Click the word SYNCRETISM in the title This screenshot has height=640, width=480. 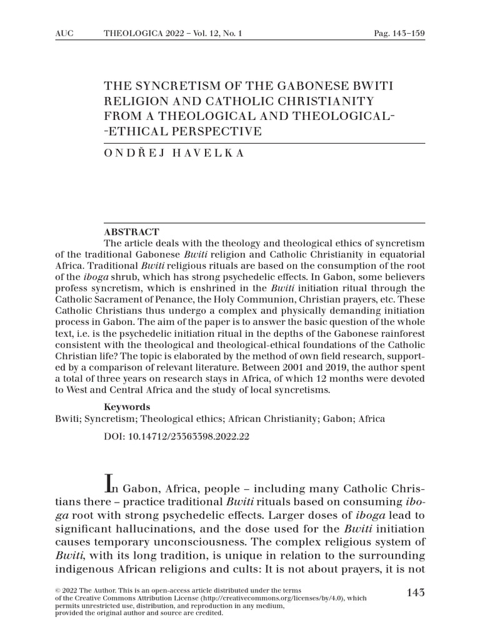(167, 85)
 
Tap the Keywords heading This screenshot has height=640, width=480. (127, 407)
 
